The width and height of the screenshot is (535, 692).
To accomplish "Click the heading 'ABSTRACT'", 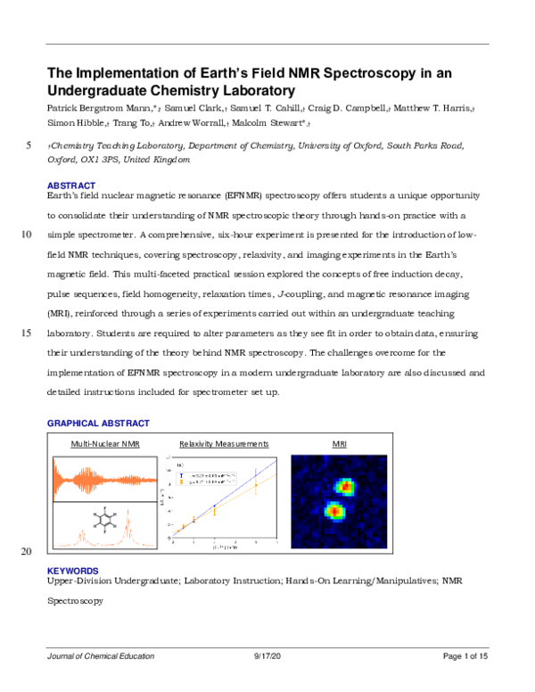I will [x=71, y=185].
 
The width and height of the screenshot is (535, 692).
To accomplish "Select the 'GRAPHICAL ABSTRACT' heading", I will [x=97, y=423].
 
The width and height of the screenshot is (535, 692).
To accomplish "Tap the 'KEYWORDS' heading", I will [x=72, y=571].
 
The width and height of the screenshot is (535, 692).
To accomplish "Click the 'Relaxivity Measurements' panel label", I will [x=224, y=442].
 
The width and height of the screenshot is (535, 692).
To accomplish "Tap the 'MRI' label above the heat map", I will [x=340, y=442].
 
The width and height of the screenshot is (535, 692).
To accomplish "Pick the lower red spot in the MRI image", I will [x=334, y=512].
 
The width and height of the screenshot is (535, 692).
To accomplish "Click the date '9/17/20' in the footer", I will [x=267, y=656].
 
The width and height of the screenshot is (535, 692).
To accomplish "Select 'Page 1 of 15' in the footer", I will [x=465, y=656].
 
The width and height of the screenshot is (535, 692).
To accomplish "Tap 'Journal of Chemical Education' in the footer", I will [x=100, y=656].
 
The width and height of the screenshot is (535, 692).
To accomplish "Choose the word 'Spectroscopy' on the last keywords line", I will [x=75, y=601].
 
